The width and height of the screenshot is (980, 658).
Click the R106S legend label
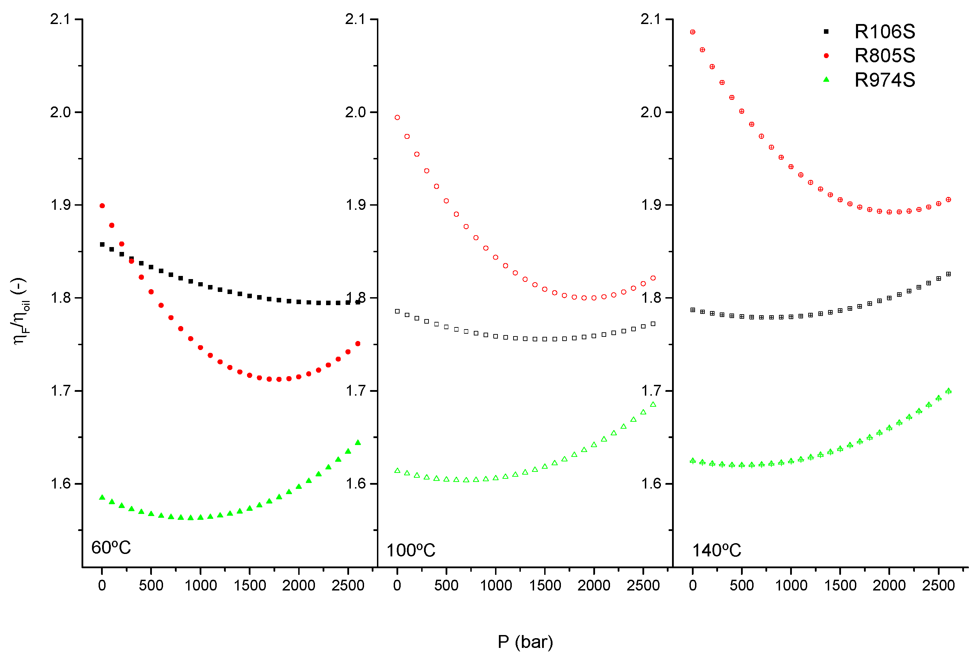click(x=884, y=31)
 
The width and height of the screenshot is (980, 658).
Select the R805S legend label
click(x=884, y=55)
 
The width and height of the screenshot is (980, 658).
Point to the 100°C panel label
click(x=410, y=550)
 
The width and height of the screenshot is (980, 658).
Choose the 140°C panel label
click(x=716, y=550)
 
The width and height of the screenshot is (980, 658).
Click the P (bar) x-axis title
click(x=525, y=642)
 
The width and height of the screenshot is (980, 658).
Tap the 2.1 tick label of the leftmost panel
click(x=60, y=19)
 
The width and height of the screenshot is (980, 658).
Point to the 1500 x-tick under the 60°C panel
click(x=249, y=585)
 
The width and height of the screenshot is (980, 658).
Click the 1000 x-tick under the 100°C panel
click(x=496, y=585)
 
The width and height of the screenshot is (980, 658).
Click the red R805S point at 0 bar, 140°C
click(x=693, y=32)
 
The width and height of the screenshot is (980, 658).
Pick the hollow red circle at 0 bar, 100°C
click(x=397, y=118)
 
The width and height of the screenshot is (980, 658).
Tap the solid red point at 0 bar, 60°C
click(x=102, y=206)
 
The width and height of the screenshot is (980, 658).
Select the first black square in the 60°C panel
click(x=102, y=244)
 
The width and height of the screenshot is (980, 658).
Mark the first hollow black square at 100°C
click(x=397, y=311)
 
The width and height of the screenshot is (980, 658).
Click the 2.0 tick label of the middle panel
click(x=355, y=112)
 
